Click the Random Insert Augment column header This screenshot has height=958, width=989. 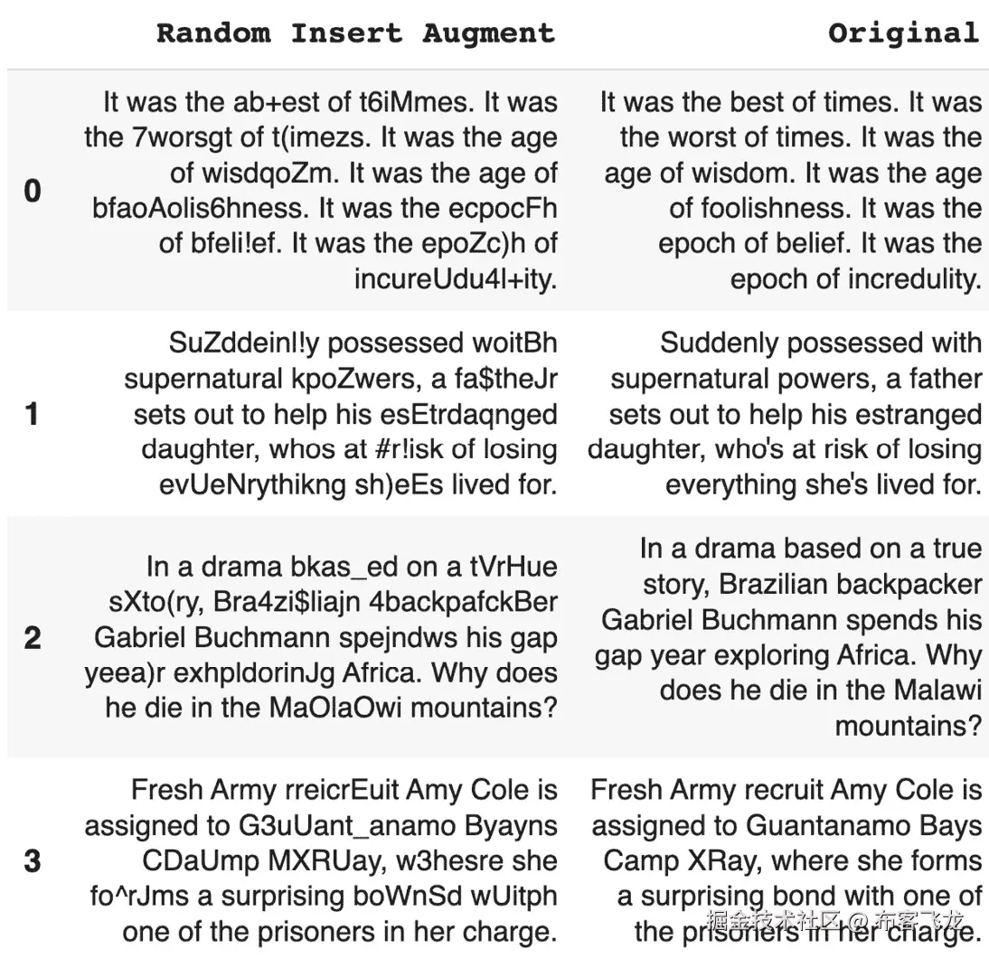coord(355,33)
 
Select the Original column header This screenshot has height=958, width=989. coord(903,33)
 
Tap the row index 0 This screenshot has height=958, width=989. coord(32,191)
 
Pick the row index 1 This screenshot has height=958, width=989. coord(32,414)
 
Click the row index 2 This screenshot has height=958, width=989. coord(32,637)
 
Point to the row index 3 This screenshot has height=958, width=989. coord(32,860)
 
